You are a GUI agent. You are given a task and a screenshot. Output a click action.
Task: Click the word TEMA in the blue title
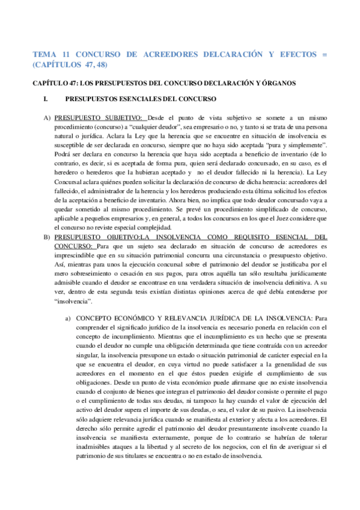click(x=44, y=54)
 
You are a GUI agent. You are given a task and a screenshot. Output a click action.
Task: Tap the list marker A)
click(x=46, y=117)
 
